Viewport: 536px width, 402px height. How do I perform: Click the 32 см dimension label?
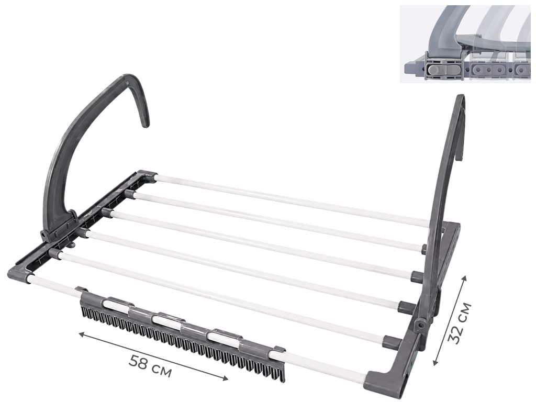(x=460, y=323)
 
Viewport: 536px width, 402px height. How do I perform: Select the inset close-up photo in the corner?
(x=465, y=44)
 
